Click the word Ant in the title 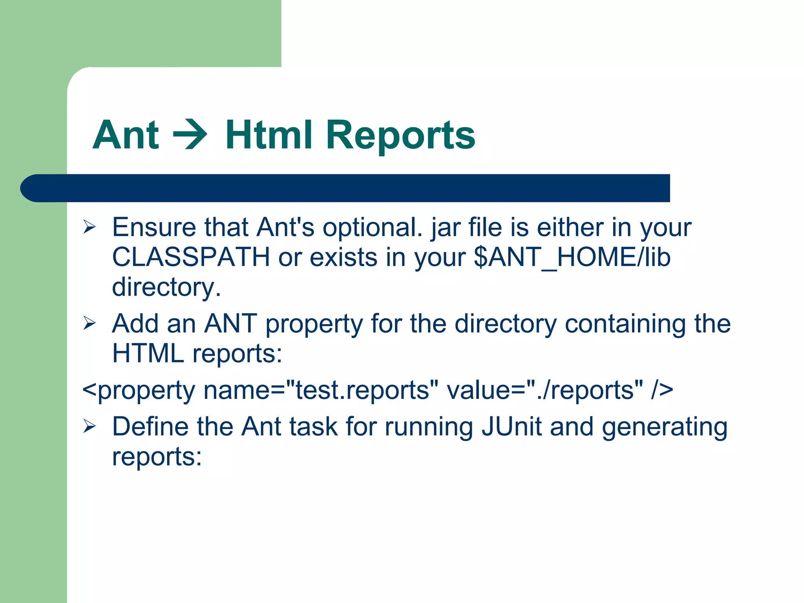coord(126,135)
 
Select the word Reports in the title coord(400,136)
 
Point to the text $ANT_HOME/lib coord(572,257)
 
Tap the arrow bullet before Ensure coord(90,227)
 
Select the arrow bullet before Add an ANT coord(90,323)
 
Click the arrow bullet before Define coord(90,426)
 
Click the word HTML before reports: coord(148,353)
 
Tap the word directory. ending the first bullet coord(166,287)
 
